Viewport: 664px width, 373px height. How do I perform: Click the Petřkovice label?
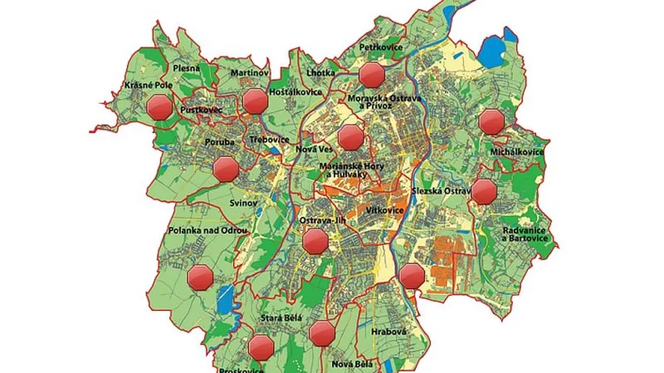click(x=381, y=49)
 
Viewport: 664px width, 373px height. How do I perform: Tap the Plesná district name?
click(x=186, y=68)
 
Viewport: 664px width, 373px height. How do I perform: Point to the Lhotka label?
click(x=320, y=74)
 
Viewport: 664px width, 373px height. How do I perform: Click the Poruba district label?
click(x=221, y=142)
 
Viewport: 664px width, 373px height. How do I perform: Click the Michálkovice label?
click(x=517, y=153)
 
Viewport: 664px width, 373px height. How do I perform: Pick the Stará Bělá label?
click(x=281, y=318)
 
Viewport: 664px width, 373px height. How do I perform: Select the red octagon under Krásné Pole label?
click(x=158, y=107)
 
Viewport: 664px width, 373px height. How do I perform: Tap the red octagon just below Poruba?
click(x=226, y=169)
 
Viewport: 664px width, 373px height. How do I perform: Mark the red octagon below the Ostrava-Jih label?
click(x=315, y=242)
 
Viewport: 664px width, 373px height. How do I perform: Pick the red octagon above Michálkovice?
click(x=491, y=122)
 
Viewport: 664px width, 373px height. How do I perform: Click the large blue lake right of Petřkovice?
click(x=491, y=51)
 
